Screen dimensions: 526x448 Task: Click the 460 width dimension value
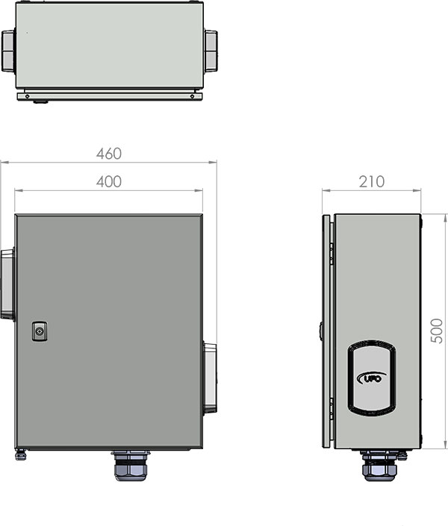(109, 154)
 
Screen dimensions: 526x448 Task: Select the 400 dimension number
(109, 181)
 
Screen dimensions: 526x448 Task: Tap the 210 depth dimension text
(372, 181)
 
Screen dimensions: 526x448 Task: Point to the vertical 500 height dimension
(437, 331)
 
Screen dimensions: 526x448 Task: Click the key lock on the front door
(40, 331)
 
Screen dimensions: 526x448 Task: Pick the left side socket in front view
(7, 284)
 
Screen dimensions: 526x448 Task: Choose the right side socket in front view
(210, 378)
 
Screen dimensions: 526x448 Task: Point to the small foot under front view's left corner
(21, 453)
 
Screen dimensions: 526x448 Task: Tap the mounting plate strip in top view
(109, 95)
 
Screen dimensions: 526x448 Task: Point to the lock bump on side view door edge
(320, 329)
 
